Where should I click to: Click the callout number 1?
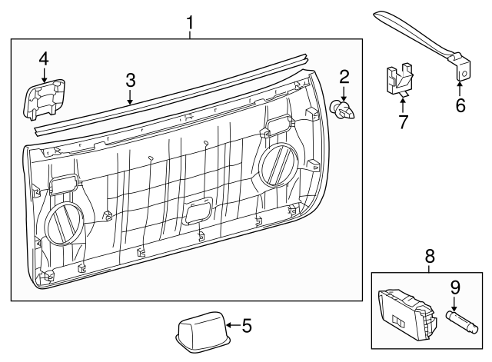point(189,25)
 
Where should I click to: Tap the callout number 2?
point(344,76)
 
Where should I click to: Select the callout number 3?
point(131,80)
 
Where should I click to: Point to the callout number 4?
point(44,58)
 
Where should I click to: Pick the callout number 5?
point(246,325)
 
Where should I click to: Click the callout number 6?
point(460,105)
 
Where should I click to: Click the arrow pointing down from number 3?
point(131,97)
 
